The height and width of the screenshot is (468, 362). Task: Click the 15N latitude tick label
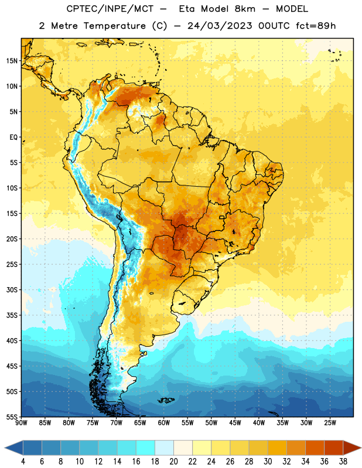tap(12, 61)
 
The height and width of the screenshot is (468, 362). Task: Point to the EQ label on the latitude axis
tap(13, 137)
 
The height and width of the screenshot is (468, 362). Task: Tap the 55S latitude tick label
tap(12, 417)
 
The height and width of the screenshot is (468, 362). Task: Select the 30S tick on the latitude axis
tap(12, 290)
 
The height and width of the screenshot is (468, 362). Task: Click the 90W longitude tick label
tap(21, 423)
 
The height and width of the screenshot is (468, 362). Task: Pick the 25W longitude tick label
tap(330, 423)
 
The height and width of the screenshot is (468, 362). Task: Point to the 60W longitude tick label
tap(164, 423)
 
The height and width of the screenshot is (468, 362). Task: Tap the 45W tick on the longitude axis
tap(235, 423)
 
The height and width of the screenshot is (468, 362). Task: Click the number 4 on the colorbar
tap(23, 462)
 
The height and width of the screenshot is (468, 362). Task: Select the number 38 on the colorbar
tap(343, 462)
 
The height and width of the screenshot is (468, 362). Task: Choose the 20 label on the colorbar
tap(173, 462)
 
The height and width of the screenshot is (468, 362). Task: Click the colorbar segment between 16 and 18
tap(145, 448)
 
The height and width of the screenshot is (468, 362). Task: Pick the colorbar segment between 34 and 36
tap(315, 448)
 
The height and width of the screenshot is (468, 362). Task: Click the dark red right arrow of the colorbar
tap(352, 448)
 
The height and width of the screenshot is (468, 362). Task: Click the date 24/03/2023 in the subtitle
tap(220, 26)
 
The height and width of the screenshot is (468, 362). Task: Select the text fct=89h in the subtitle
tap(316, 26)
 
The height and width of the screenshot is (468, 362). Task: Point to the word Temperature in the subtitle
tap(114, 26)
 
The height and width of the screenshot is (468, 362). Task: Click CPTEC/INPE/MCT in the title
tap(110, 9)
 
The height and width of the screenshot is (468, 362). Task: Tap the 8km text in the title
tap(245, 9)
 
